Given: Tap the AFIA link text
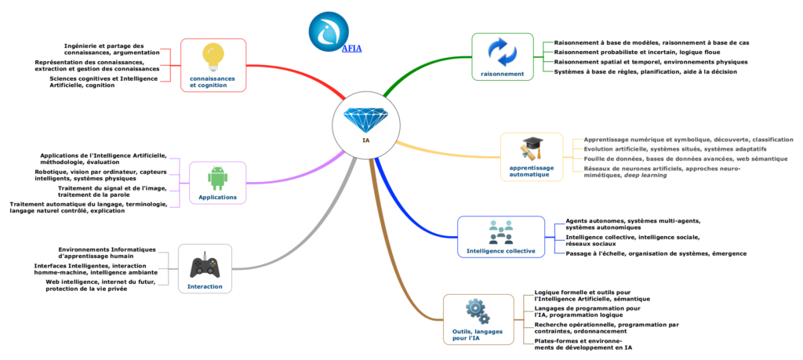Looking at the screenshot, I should [x=351, y=48].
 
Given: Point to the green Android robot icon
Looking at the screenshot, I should [x=217, y=177].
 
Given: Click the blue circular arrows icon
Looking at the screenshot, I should [x=502, y=53].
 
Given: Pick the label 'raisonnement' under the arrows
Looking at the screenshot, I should [x=502, y=73].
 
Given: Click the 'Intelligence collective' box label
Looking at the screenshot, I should [x=500, y=251].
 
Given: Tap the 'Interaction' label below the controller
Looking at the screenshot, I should [x=205, y=286].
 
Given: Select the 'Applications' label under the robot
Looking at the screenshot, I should [x=217, y=197].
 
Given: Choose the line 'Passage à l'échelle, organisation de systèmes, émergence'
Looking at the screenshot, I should [x=656, y=253].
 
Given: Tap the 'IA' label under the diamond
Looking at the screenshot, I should [x=365, y=141].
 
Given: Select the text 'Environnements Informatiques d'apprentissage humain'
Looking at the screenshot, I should [x=107, y=253].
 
